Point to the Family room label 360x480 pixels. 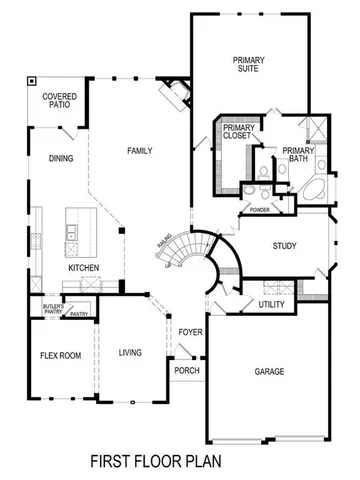[140, 150]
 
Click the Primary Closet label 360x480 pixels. [239, 133]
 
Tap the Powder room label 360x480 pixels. [260, 211]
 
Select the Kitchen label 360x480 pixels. [82, 269]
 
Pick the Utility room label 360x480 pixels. [271, 304]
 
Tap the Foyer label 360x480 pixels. [190, 332]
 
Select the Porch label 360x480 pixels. [187, 370]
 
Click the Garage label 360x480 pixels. [268, 371]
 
